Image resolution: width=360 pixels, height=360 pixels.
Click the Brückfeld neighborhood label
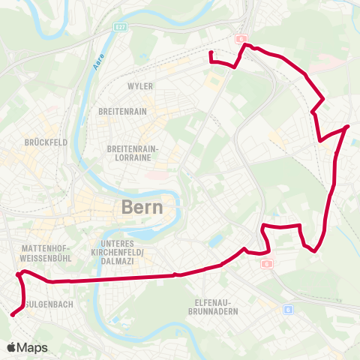click(x=25, y=141)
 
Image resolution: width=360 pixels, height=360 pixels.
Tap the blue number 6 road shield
click(x=288, y=309)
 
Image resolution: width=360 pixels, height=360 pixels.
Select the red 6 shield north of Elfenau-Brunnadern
click(x=267, y=264)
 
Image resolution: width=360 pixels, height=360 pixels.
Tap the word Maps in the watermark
click(x=32, y=347)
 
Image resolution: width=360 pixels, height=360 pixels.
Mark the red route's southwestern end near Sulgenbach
click(x=12, y=315)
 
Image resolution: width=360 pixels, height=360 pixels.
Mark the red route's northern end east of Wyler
click(x=210, y=52)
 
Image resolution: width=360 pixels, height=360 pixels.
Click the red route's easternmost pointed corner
click(x=349, y=127)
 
